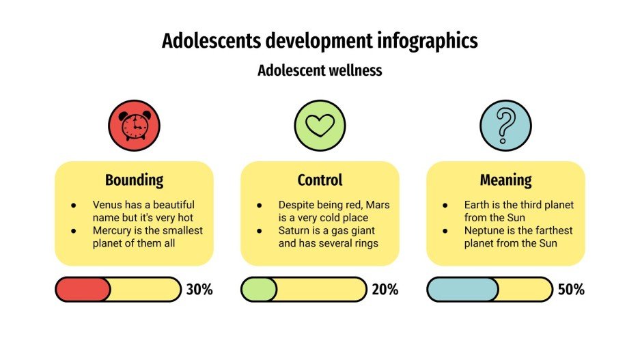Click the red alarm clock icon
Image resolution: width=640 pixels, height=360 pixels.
pyautogui.click(x=134, y=126)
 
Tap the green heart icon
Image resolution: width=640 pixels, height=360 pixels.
pyautogui.click(x=320, y=126)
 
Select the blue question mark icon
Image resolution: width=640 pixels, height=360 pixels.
pyautogui.click(x=505, y=126)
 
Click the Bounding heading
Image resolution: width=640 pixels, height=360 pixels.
pyautogui.click(x=134, y=180)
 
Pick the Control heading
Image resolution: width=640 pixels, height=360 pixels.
pyautogui.click(x=320, y=180)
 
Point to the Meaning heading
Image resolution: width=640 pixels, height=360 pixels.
pyautogui.click(x=505, y=180)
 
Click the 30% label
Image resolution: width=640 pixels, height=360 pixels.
pyautogui.click(x=199, y=290)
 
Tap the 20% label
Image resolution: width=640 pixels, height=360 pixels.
pyautogui.click(x=385, y=290)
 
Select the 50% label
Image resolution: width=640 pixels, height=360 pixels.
pyautogui.click(x=571, y=290)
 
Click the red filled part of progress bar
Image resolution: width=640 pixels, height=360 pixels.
pyautogui.click(x=82, y=290)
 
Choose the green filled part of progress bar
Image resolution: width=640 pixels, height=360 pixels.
pyautogui.click(x=259, y=290)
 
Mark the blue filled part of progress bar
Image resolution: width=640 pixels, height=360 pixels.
pyautogui.click(x=462, y=290)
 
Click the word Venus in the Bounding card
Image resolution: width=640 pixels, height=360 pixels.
pyautogui.click(x=107, y=205)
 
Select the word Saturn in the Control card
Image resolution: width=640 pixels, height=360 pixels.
pyautogui.click(x=294, y=231)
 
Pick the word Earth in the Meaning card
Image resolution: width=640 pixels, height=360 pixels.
pyautogui.click(x=477, y=205)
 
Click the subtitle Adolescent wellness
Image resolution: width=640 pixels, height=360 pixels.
pyautogui.click(x=320, y=70)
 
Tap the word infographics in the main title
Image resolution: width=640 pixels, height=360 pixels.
pyautogui.click(x=427, y=41)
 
